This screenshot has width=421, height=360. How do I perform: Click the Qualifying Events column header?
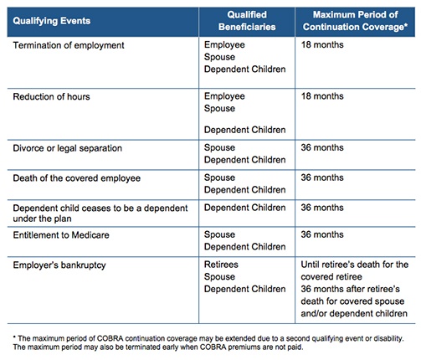[52, 21]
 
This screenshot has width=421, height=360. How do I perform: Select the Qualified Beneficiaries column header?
[247, 21]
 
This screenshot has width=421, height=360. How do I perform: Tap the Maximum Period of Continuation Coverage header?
[355, 21]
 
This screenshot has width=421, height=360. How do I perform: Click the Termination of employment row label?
[69, 45]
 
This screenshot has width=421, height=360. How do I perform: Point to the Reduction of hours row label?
[51, 96]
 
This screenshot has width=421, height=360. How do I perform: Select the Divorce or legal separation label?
[68, 148]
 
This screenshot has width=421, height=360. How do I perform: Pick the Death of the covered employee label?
[77, 178]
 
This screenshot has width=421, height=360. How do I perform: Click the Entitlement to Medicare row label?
[61, 235]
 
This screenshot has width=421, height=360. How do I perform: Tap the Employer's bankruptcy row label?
[59, 265]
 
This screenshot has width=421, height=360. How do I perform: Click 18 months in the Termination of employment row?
[322, 44]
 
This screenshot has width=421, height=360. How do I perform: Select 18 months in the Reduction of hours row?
[322, 96]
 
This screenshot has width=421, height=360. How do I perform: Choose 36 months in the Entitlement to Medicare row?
[322, 234]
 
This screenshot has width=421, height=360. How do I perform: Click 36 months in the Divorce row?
[322, 147]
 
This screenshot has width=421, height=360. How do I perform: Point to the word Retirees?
[221, 265]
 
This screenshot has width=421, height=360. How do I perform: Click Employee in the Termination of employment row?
[224, 45]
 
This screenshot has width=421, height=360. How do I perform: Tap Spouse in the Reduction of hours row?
[219, 109]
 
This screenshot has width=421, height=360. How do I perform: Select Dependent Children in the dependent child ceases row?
[245, 208]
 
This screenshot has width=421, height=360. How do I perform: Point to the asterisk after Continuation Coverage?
[406, 25]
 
